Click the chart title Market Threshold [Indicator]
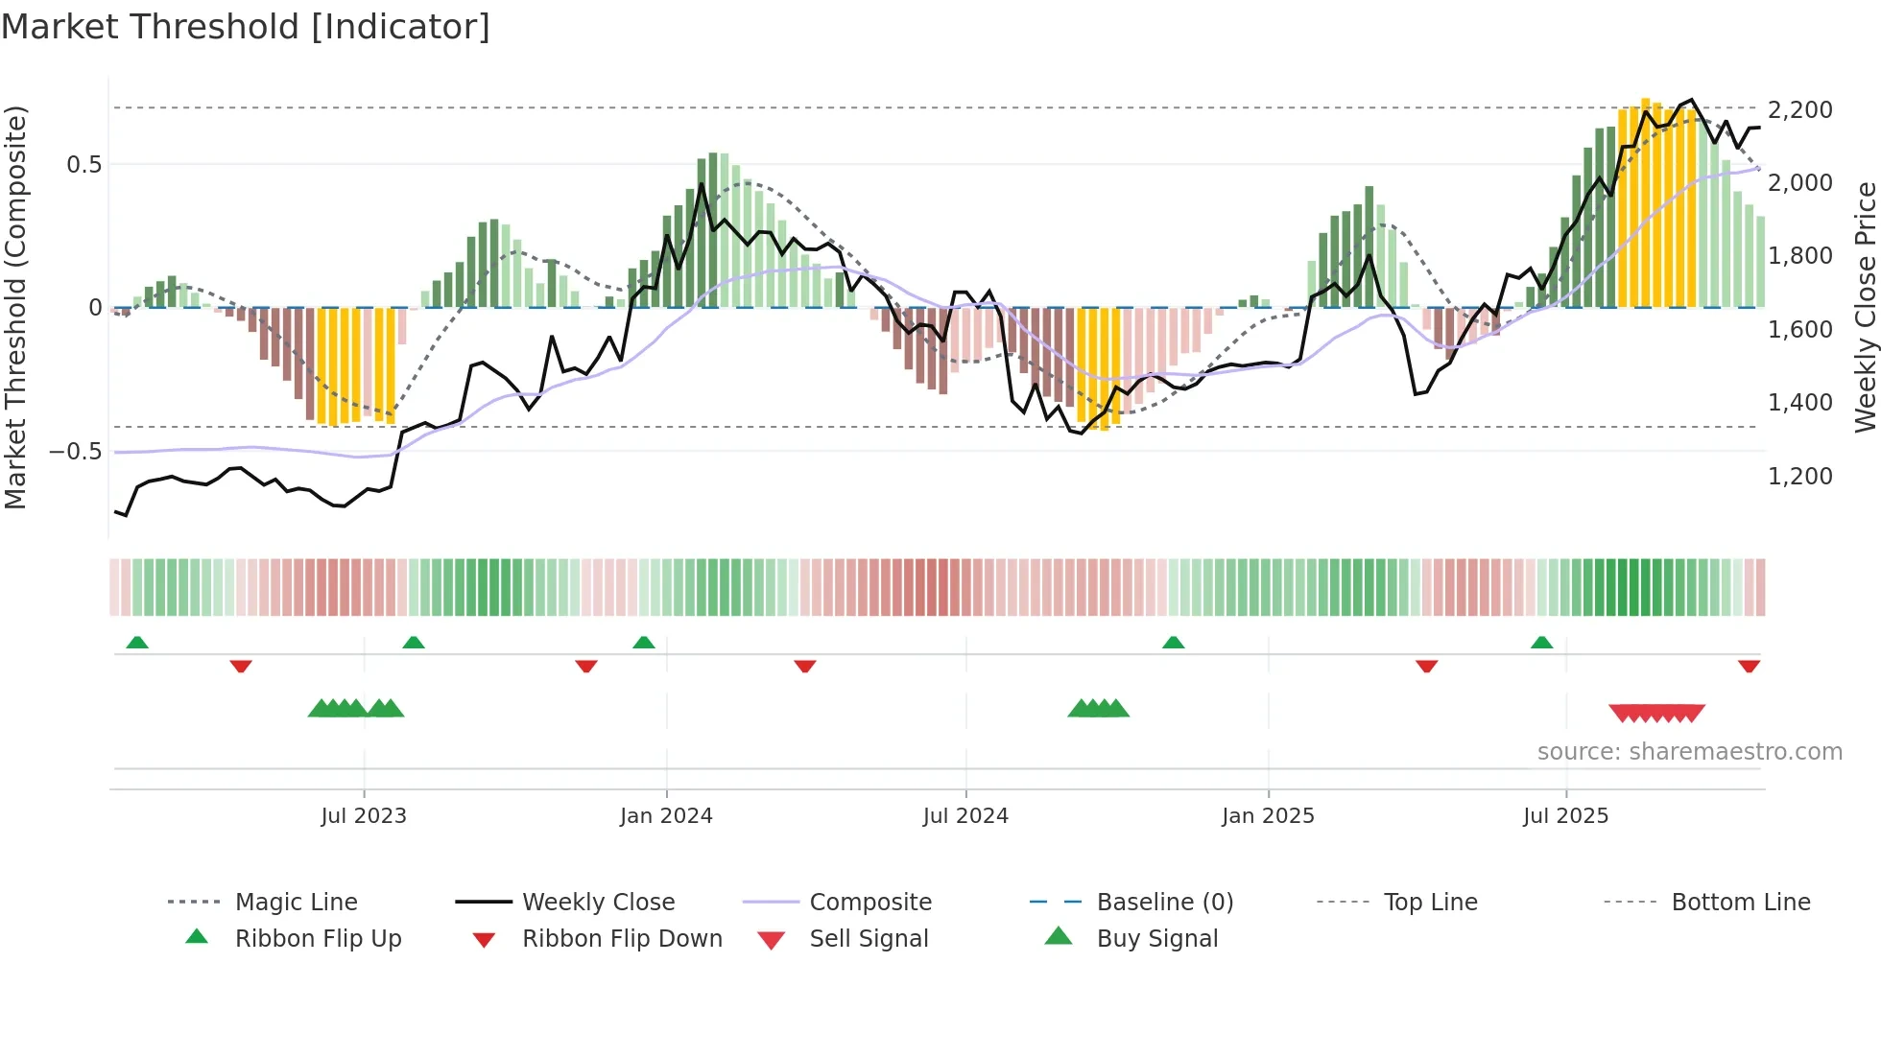click(246, 27)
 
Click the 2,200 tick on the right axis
click(1799, 110)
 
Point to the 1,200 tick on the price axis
click(1799, 477)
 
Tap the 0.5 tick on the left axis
click(83, 165)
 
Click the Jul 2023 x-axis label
click(364, 816)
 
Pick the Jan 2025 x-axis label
click(1268, 816)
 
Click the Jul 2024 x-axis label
click(965, 816)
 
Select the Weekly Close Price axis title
click(1865, 307)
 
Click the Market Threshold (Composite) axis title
click(15, 307)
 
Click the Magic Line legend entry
click(296, 903)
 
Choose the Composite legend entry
click(869, 903)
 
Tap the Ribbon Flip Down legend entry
click(621, 939)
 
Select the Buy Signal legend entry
click(1156, 939)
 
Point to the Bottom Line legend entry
click(1740, 903)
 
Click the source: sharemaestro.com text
click(1689, 752)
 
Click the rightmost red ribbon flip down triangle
click(1749, 666)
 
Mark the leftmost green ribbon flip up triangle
click(137, 643)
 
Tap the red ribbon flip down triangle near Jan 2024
click(586, 666)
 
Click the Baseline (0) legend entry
click(1164, 903)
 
